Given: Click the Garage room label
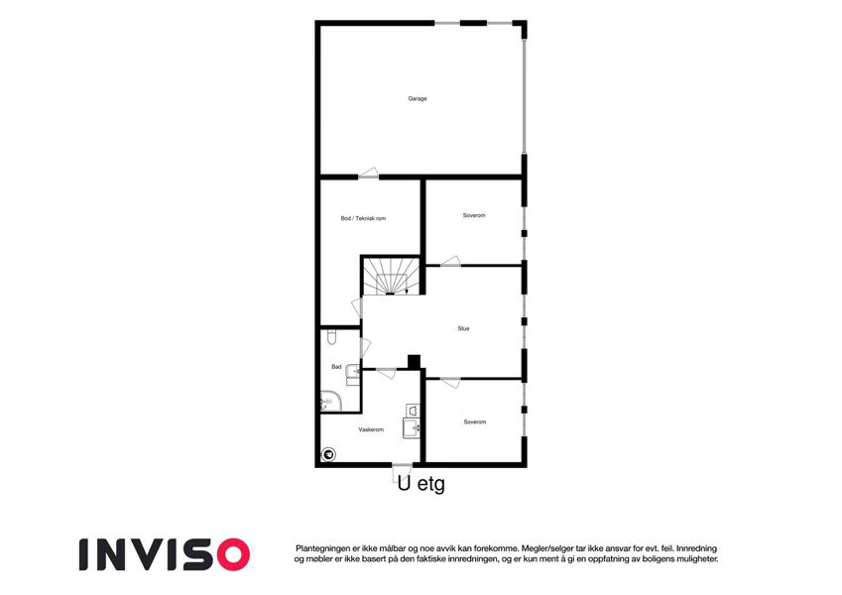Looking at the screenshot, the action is tap(418, 99).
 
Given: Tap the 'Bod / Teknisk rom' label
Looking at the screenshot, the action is tap(363, 218).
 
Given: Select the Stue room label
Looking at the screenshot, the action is tap(463, 328).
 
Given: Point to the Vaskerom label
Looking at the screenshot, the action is tap(371, 429).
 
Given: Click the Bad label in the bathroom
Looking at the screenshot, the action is tap(336, 367).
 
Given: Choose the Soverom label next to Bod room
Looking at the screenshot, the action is tap(474, 215).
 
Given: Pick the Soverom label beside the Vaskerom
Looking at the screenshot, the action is tap(475, 422).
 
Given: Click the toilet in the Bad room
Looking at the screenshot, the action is tap(331, 337).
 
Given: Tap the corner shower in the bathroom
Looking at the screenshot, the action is tap(330, 401).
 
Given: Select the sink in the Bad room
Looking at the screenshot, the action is tap(353, 371).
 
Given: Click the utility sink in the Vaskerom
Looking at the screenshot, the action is tap(411, 428).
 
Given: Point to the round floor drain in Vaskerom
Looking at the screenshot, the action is tap(328, 455).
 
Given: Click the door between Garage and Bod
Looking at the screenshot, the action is tap(368, 174).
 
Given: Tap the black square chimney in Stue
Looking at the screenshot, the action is tap(414, 362).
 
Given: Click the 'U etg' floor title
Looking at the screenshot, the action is tap(421, 484).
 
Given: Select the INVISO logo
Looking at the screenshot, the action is tap(165, 554).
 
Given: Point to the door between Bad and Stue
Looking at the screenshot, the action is tap(365, 347).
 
